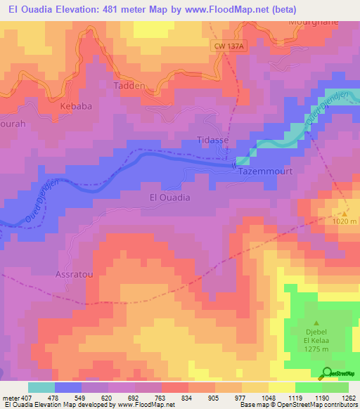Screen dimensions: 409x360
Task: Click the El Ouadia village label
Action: coord(170,197)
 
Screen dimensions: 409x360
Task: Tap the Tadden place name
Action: coord(130,85)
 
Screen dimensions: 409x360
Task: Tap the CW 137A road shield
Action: coord(229,46)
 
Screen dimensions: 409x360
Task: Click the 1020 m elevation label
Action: coord(345,221)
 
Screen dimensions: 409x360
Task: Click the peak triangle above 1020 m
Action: coord(345,211)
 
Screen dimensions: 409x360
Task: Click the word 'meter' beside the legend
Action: coord(10,397)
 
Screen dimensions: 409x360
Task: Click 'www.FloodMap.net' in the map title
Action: coord(219,10)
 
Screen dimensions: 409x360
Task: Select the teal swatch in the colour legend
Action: coord(41,387)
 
